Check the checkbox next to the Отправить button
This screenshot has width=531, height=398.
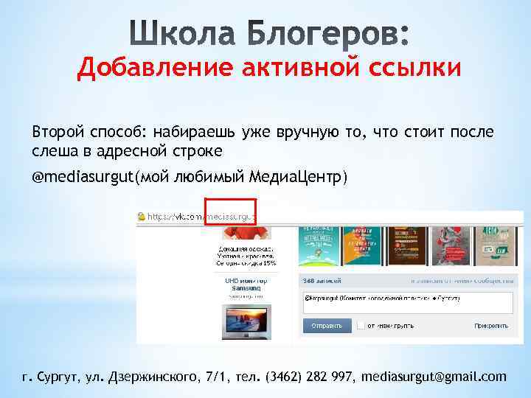coord(361,324)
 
